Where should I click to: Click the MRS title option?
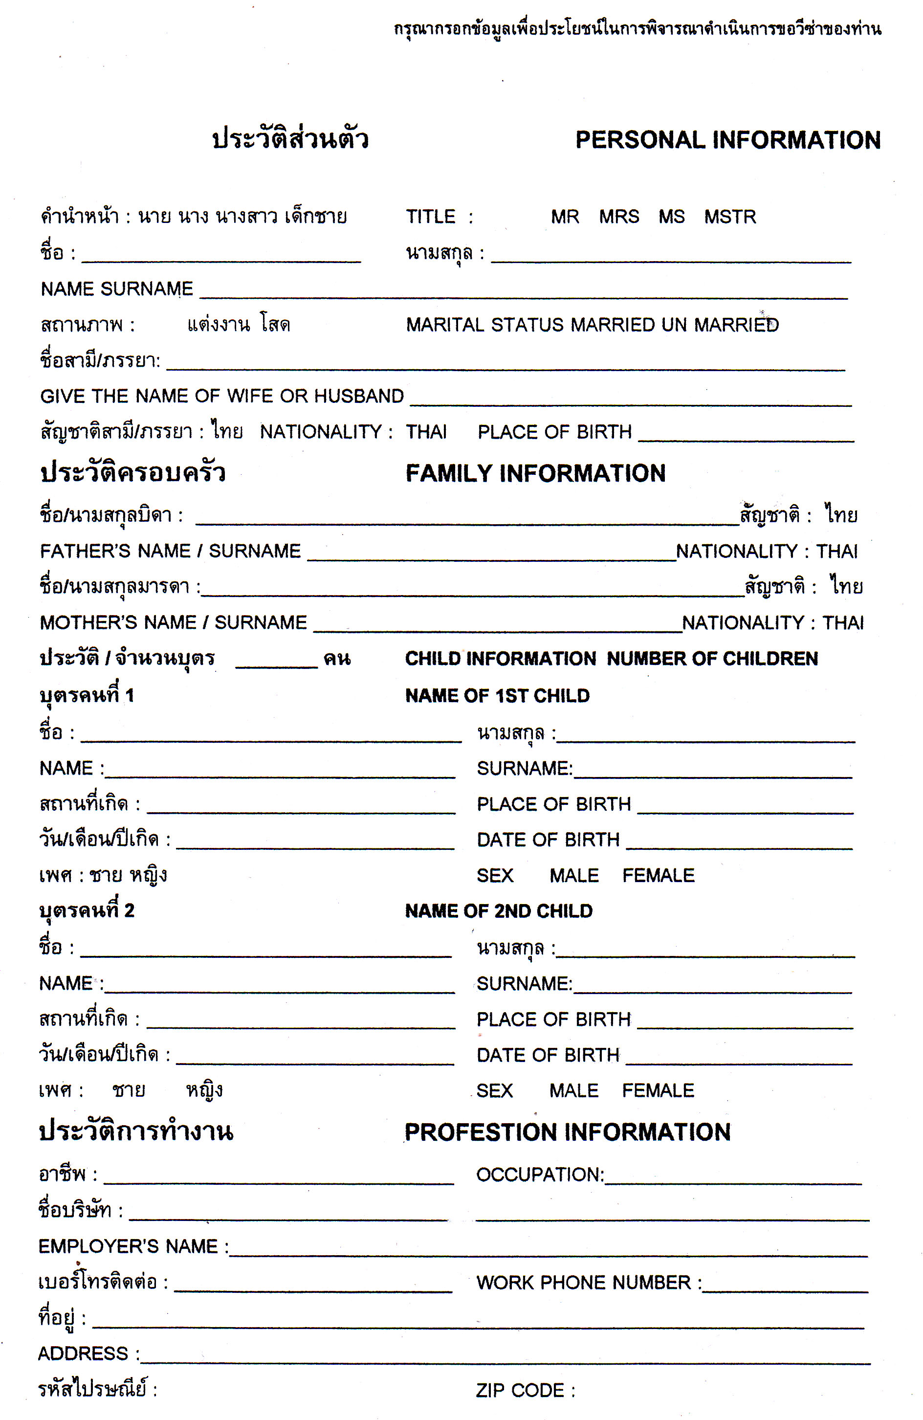coord(619,216)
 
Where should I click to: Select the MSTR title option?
coord(730,216)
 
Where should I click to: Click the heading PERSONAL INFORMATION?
coord(728,140)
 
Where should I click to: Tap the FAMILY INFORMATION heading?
coord(535,473)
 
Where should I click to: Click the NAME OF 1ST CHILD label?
coord(497,696)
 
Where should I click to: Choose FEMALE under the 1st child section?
coord(658,875)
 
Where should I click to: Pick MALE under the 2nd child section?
coord(573,1090)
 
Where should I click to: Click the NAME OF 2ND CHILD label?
coord(499,911)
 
